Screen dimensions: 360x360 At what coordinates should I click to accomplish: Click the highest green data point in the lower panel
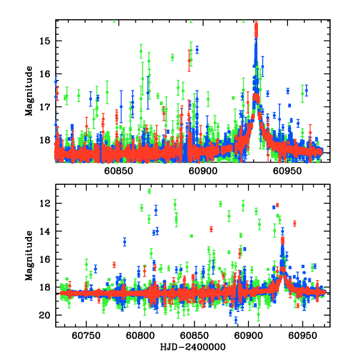coord(149,191)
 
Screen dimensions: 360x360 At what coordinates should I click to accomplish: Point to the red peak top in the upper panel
coord(256,25)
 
